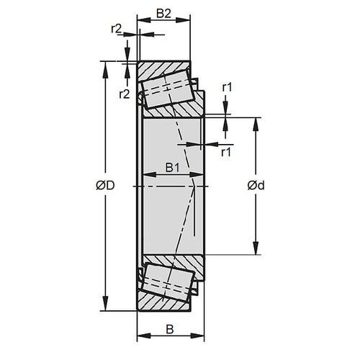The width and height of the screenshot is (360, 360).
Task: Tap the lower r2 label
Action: click(123, 94)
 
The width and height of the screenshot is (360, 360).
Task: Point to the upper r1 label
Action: click(227, 88)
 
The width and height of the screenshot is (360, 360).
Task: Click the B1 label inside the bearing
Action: click(172, 167)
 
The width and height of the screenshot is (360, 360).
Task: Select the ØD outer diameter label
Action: click(106, 186)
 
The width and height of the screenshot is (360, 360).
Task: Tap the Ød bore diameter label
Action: click(256, 186)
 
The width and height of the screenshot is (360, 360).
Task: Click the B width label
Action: click(170, 330)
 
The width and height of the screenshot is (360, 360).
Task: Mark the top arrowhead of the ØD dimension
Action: click(106, 66)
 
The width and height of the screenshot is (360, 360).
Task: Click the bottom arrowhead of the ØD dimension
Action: click(106, 305)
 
